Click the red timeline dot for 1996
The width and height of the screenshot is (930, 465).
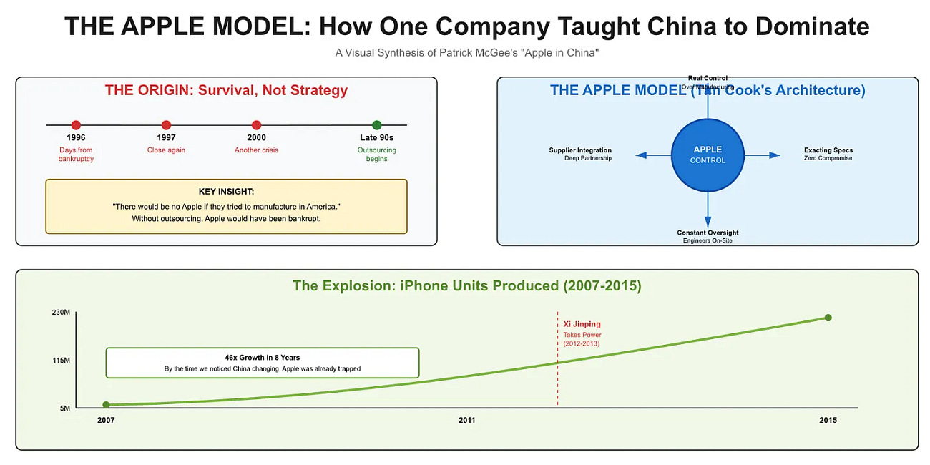coord(76,125)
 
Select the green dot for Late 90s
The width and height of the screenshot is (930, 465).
coord(377,125)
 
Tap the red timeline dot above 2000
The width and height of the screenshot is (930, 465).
coord(257,125)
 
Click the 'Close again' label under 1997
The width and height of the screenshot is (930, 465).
coord(166,150)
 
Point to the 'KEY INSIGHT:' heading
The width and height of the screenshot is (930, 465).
coord(226,192)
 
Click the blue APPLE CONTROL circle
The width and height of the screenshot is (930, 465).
coord(708,155)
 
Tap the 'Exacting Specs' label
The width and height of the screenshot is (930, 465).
coord(828,150)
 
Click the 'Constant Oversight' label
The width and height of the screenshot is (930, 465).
coord(708,232)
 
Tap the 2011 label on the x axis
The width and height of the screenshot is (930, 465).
coord(466,421)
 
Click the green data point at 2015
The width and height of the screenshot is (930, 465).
coord(828,318)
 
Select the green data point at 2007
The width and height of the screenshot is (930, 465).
coord(106,405)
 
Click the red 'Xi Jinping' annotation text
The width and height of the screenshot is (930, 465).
coord(582,324)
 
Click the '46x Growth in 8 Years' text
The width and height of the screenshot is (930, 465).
coord(262,357)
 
